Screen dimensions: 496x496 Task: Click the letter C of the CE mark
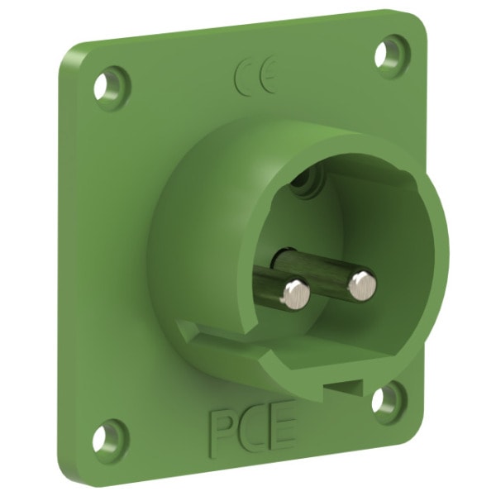(242, 75)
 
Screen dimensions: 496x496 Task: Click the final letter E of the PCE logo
(282, 423)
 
